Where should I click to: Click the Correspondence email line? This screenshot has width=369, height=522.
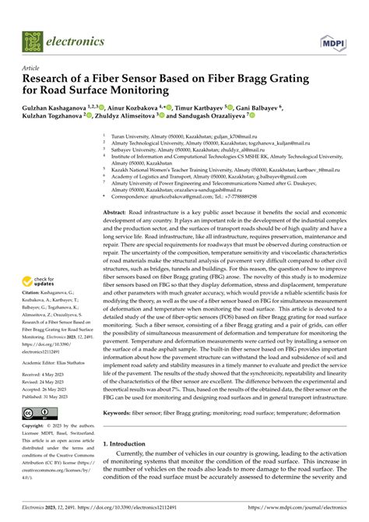[x=179, y=198]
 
